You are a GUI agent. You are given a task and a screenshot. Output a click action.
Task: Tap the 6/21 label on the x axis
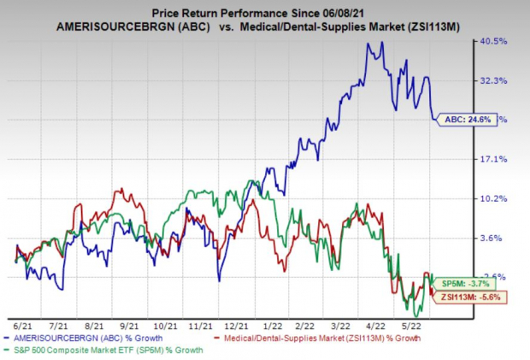23,325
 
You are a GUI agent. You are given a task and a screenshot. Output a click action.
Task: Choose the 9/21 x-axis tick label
130,325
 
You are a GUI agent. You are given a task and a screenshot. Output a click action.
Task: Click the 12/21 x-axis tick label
237,325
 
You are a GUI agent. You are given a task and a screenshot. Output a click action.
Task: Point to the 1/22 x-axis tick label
272,325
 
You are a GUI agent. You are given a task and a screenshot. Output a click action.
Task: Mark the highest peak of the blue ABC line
368,43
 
